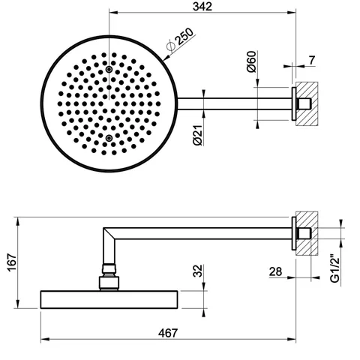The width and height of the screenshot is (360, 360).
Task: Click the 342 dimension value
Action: [202, 7]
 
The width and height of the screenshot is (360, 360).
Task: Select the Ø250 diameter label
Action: [180, 41]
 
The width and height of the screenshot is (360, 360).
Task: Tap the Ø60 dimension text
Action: [252, 61]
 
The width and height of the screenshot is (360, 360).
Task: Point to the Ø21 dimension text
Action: [198, 136]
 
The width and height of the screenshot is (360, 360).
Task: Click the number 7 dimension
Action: [312, 60]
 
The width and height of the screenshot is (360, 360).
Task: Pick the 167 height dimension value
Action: [12, 262]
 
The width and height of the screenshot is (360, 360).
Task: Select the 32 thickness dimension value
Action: [198, 271]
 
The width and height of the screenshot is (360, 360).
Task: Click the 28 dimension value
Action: [275, 271]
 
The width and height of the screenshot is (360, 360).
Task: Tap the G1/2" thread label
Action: [335, 268]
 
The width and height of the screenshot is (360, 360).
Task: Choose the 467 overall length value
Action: [168, 333]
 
